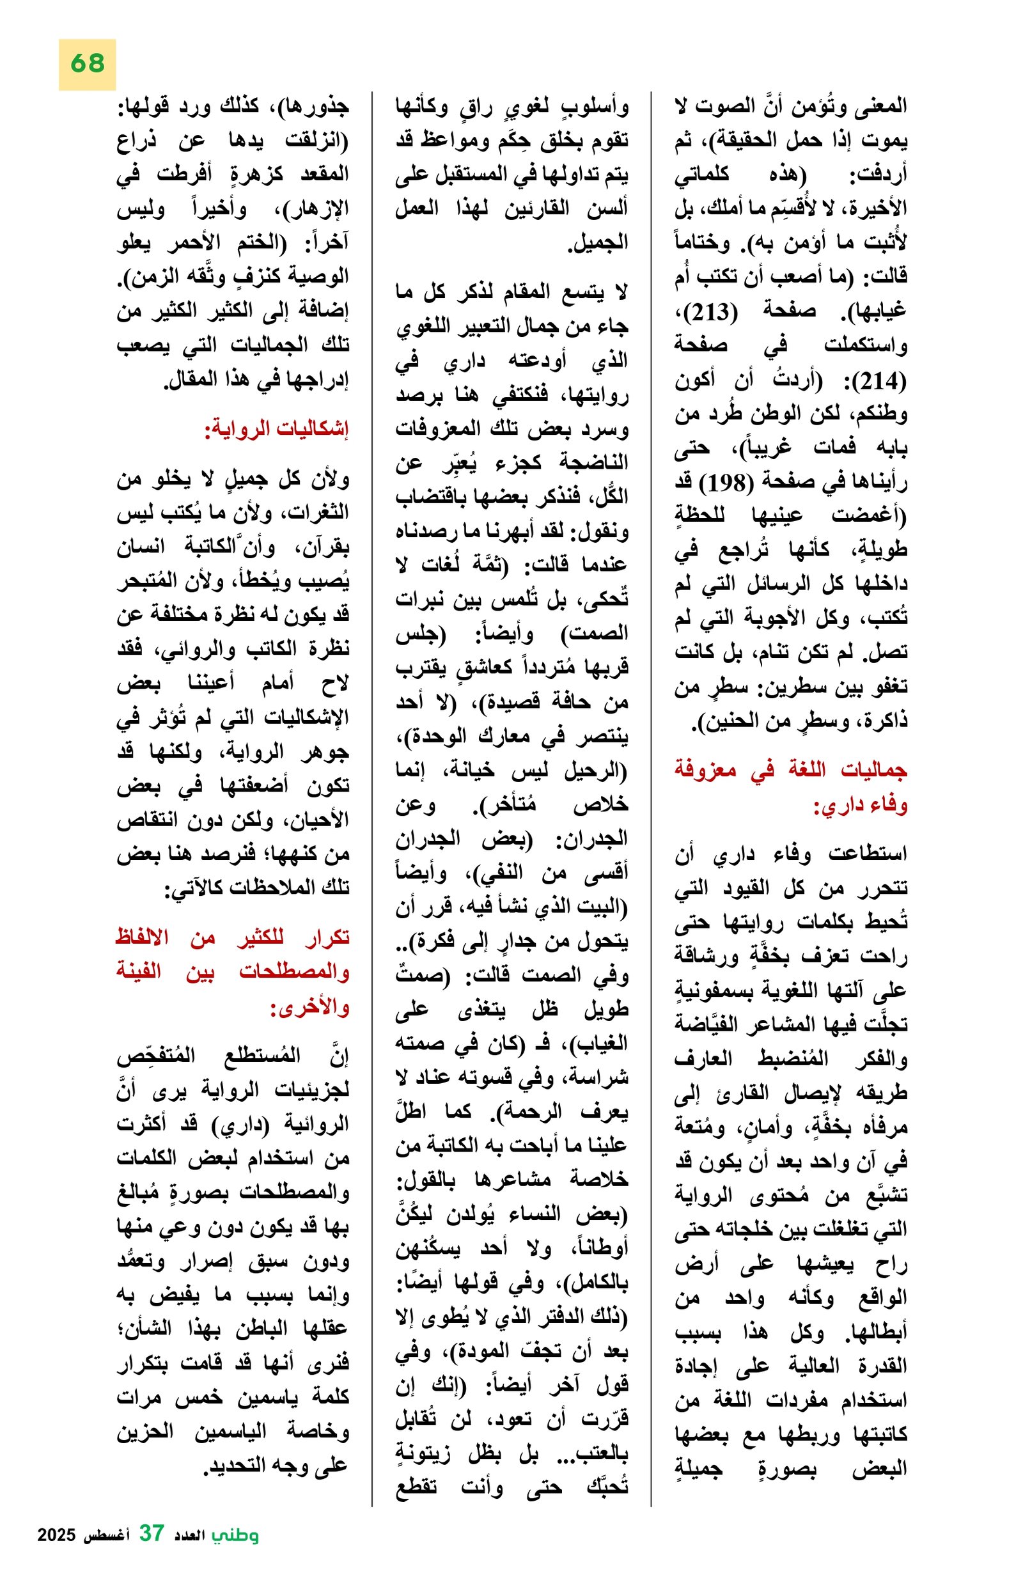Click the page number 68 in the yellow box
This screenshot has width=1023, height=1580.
[x=87, y=64]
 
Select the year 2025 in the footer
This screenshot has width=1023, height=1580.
[x=58, y=1535]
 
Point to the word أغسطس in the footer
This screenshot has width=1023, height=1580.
[x=106, y=1535]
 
